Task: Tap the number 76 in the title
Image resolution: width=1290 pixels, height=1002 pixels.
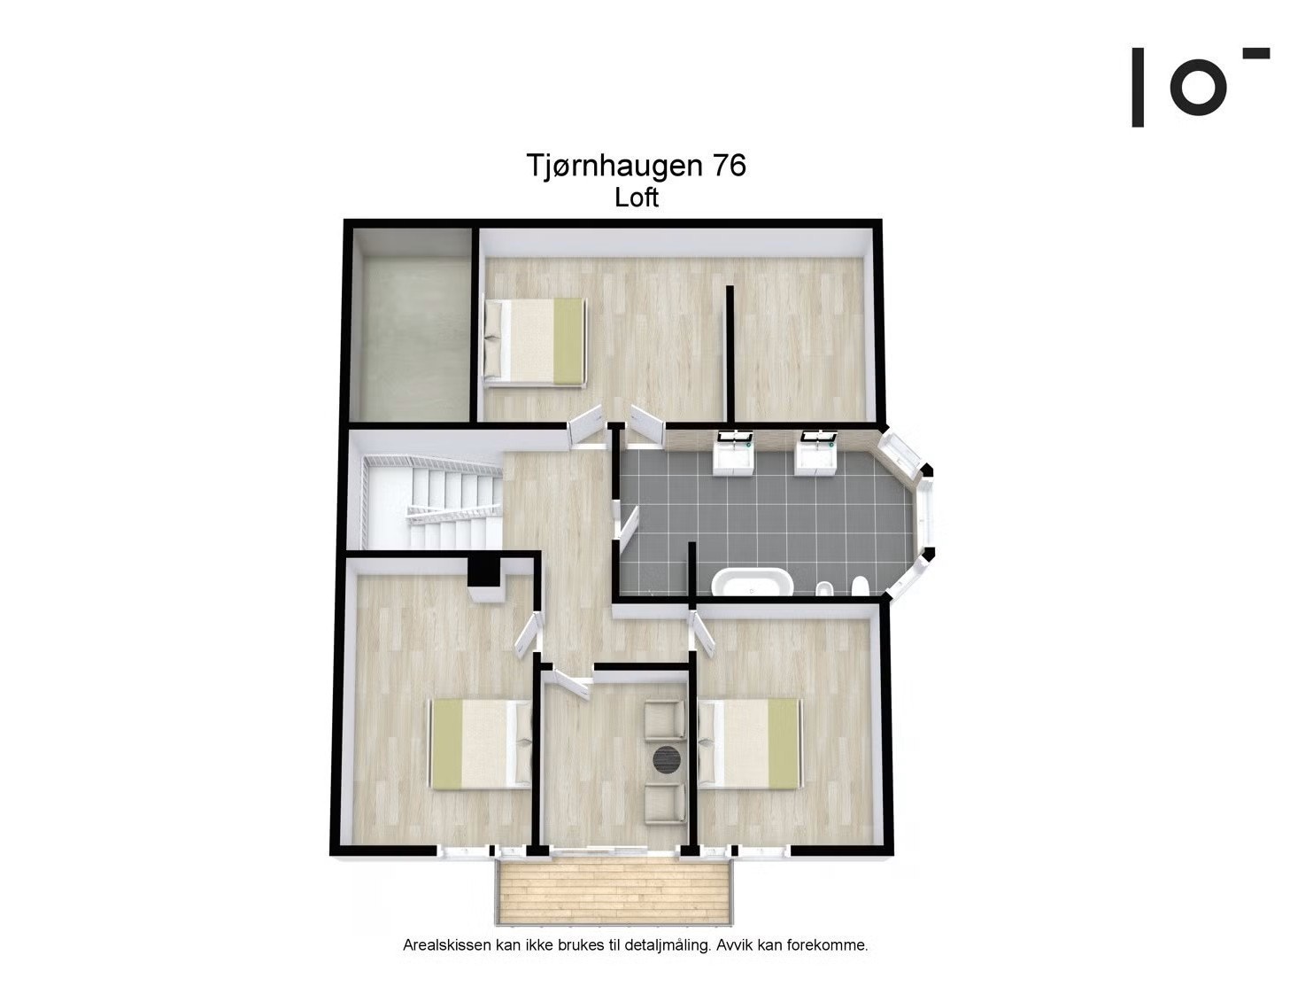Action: [x=725, y=166]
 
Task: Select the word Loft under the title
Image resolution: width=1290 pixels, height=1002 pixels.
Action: [x=637, y=197]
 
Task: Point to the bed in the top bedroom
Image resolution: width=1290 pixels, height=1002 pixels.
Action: [x=534, y=341]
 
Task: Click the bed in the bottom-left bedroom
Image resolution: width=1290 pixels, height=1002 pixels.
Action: [x=481, y=742]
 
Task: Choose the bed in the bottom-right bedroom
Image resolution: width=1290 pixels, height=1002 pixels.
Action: [x=749, y=742]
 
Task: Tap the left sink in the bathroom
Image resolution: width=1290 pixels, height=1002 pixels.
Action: [x=733, y=453]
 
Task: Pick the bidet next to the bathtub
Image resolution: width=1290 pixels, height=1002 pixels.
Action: [x=823, y=588]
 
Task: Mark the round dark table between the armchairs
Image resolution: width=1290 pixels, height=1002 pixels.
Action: [x=666, y=759]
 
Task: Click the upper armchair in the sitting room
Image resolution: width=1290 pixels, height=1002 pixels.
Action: [x=663, y=718]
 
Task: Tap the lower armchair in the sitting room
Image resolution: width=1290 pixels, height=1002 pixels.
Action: [x=663, y=803]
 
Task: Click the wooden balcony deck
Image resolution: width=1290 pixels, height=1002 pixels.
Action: [x=613, y=893]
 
